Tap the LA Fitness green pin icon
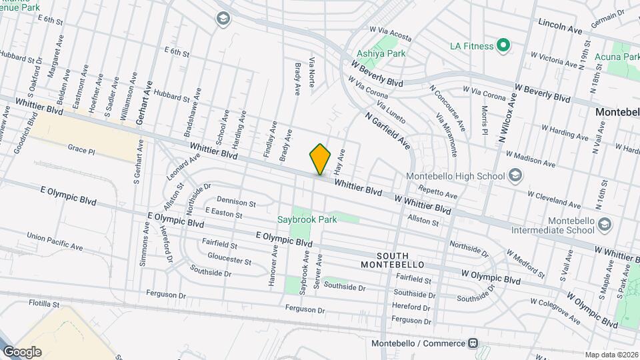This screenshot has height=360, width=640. point(504,46)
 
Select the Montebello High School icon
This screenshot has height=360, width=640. point(515,175)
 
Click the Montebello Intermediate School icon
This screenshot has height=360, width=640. point(604,223)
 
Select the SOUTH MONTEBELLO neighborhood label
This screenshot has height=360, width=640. point(401,260)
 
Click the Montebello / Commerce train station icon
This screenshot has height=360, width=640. point(473,343)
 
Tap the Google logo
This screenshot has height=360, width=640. point(22,352)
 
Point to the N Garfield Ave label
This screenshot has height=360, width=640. point(387,130)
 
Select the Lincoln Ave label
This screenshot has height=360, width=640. point(560,27)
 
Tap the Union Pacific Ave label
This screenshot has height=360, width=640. point(55,241)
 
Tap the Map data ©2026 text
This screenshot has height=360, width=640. point(610,355)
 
